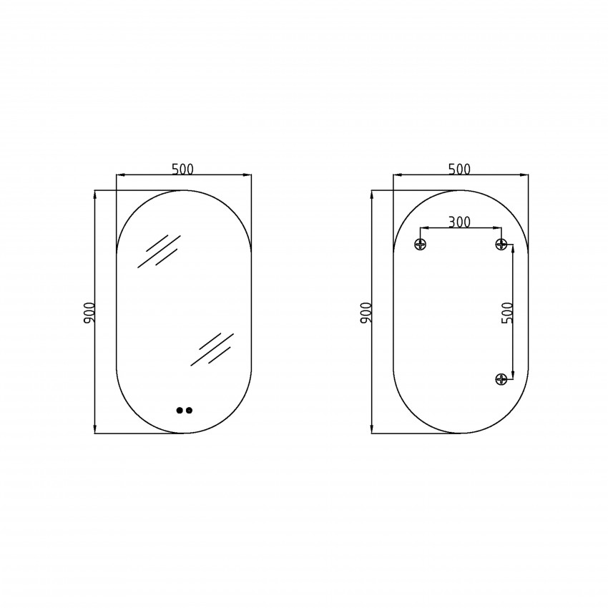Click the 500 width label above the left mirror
pyautogui.click(x=182, y=169)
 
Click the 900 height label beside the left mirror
pyautogui.click(x=89, y=313)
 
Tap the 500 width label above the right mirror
pyautogui.click(x=459, y=169)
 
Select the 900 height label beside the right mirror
pyautogui.click(x=366, y=313)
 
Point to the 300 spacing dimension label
pyautogui.click(x=459, y=222)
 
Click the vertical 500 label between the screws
pyautogui.click(x=507, y=313)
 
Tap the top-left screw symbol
pyautogui.click(x=421, y=245)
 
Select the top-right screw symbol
pyautogui.click(x=501, y=245)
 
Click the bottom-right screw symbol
pyautogui.click(x=501, y=379)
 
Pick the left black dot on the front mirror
pyautogui.click(x=180, y=411)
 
